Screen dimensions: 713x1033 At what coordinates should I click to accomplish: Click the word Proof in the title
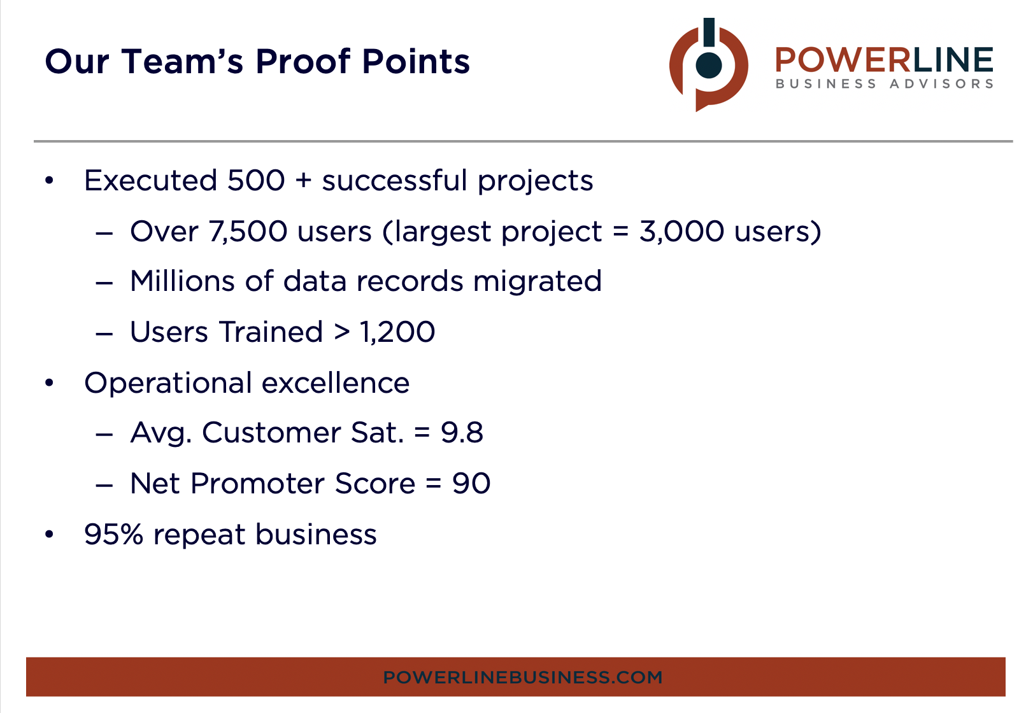click(303, 62)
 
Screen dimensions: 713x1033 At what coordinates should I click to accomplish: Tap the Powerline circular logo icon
click(708, 64)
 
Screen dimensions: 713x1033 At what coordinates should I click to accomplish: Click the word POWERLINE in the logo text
click(884, 60)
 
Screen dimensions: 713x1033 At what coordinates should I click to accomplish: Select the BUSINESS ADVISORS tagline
click(884, 84)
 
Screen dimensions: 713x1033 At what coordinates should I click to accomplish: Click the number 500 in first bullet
click(256, 181)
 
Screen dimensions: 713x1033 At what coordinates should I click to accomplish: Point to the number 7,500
click(248, 231)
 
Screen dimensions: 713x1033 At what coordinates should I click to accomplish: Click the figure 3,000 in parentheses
click(681, 231)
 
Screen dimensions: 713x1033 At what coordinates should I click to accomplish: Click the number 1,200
click(397, 332)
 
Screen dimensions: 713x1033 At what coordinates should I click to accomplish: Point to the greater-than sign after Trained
click(342, 332)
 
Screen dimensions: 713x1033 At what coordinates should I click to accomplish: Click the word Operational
click(169, 383)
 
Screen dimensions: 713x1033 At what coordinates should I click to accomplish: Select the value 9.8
click(462, 433)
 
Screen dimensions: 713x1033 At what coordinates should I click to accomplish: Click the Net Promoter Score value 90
click(471, 484)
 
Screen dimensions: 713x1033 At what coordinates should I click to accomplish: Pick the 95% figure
click(113, 535)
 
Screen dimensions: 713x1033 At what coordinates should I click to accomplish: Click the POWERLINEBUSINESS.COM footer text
click(522, 677)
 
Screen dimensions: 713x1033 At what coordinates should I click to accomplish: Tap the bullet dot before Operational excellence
click(50, 383)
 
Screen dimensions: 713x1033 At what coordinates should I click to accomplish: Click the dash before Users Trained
click(104, 333)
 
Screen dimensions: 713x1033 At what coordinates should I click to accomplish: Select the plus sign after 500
click(304, 181)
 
